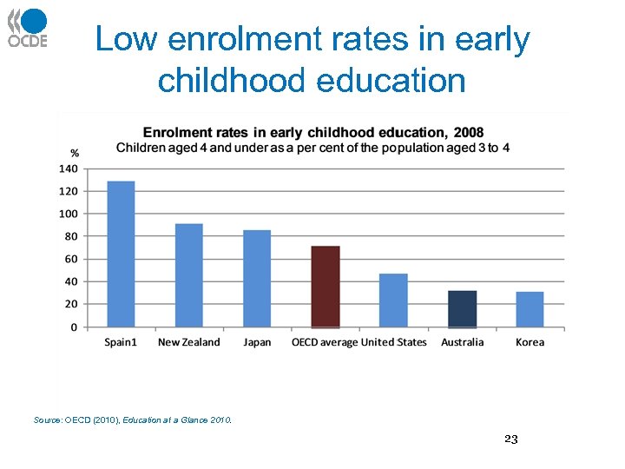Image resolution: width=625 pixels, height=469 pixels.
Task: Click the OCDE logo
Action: coord(28,28)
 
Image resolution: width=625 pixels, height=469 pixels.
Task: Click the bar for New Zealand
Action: coord(188,275)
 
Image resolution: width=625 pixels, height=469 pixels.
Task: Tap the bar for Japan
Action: coord(257,278)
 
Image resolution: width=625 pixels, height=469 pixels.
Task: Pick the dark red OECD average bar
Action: coord(326,286)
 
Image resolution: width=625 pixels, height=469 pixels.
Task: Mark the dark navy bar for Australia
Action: coord(462,308)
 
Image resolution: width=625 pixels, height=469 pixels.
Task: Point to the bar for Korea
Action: coord(530,309)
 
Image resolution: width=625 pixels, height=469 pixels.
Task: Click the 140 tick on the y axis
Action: coord(69,168)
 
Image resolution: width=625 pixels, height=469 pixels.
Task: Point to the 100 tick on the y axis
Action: coord(69,214)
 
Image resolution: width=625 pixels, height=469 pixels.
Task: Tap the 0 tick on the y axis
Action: coord(74,327)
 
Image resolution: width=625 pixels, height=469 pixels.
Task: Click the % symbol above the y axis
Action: coord(75,154)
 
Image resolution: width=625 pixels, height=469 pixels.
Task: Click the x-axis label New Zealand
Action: coord(188,342)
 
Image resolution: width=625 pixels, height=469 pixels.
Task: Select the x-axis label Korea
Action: coord(530,342)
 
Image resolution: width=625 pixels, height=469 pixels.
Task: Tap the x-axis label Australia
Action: coord(462,342)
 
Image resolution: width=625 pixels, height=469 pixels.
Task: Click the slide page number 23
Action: coord(510,439)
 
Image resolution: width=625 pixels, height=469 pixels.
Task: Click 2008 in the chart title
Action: coord(469,133)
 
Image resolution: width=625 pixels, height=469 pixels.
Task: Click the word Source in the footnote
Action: coord(47,420)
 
